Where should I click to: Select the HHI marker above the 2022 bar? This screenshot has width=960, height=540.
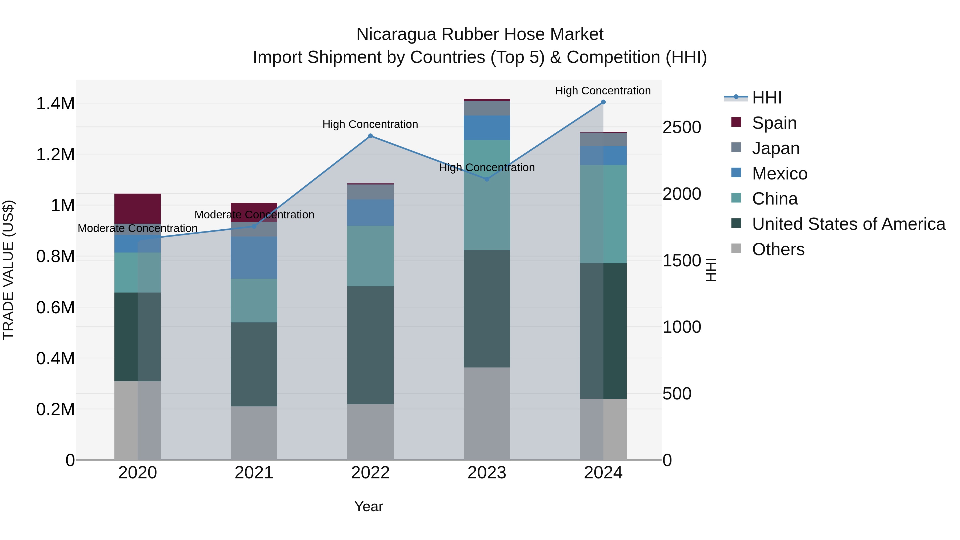[370, 136]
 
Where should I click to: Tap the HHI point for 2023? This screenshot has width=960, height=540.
[487, 179]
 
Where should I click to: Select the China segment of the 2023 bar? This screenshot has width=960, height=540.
[487, 195]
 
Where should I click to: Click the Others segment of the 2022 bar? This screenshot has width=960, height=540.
[370, 432]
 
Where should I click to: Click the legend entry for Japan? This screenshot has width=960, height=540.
[775, 148]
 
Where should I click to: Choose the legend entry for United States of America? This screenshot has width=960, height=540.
[849, 224]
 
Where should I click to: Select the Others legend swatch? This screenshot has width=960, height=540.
[736, 249]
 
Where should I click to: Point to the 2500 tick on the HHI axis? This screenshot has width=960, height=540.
[682, 127]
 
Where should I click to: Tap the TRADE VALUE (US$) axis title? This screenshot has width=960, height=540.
[8, 270]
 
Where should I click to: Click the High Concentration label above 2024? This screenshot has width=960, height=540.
[603, 91]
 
